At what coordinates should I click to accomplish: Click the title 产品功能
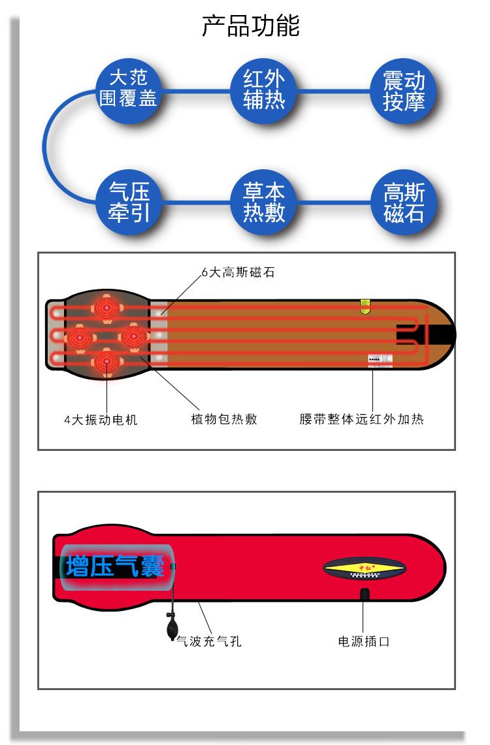pos(251,27)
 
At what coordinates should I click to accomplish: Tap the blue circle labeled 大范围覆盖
pos(127,89)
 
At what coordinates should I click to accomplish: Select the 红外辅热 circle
pos(265,90)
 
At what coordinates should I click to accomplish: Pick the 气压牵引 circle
pos(129,202)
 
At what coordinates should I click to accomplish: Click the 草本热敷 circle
pos(265,202)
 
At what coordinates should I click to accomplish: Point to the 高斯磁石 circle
pos(404,203)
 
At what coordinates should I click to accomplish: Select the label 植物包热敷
pos(224,420)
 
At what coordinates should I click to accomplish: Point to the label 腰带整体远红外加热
pos(361,420)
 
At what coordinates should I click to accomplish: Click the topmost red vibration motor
pos(106,307)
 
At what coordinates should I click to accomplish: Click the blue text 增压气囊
pos(115,566)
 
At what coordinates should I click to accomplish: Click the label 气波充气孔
pos(209,642)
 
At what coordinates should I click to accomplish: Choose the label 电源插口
pos(363,642)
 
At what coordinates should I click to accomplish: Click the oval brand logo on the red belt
pos(365,568)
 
